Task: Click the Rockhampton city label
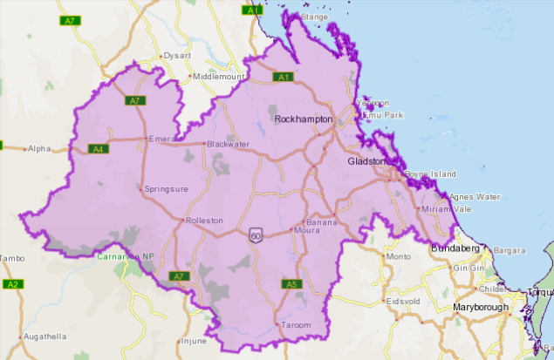pyautogui.click(x=304, y=119)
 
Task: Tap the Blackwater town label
pyautogui.click(x=229, y=145)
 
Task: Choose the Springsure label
pyautogui.click(x=166, y=188)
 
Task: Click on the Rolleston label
pyautogui.click(x=207, y=221)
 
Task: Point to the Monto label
pyautogui.click(x=398, y=257)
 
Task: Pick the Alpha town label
pyautogui.click(x=39, y=149)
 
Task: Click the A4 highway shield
pyautogui.click(x=99, y=149)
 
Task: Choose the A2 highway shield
pyautogui.click(x=12, y=284)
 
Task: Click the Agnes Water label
pyautogui.click(x=475, y=197)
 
